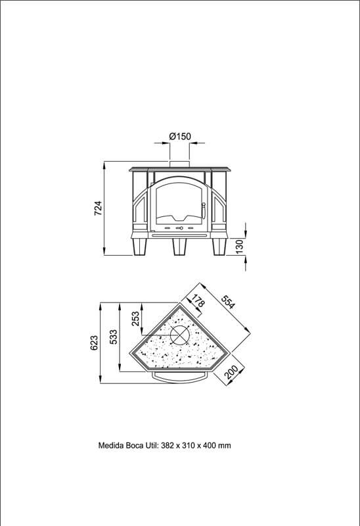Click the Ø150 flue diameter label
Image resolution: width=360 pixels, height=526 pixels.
click(179, 137)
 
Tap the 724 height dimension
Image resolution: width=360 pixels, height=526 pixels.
click(97, 208)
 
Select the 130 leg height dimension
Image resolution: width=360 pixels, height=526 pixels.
click(240, 247)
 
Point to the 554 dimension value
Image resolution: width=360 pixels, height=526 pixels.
click(228, 302)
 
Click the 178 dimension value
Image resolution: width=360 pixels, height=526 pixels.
click(198, 300)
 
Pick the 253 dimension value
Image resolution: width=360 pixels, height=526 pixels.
click(135, 319)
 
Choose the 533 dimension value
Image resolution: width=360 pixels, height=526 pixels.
click(114, 337)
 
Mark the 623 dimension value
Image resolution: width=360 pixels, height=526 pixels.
click(94, 343)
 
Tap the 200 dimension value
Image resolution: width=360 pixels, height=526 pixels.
click(231, 372)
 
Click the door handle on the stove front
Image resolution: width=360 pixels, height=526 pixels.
click(203, 210)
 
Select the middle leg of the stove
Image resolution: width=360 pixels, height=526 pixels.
click(179, 247)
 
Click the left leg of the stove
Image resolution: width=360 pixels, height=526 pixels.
click(139, 247)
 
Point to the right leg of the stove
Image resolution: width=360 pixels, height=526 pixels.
click(219, 247)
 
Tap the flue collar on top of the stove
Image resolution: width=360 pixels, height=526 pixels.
click(179, 164)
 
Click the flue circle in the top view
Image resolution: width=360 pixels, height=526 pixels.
click(179, 335)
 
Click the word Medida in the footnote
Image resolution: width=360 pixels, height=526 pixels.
click(110, 446)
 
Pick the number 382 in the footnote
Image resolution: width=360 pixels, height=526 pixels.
click(168, 446)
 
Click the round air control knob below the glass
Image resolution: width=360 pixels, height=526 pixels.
click(181, 228)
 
